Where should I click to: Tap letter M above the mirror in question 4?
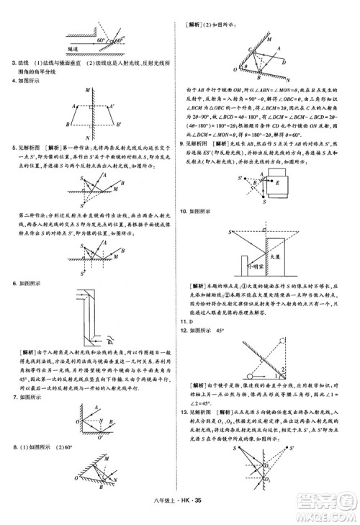tap(86, 89)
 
